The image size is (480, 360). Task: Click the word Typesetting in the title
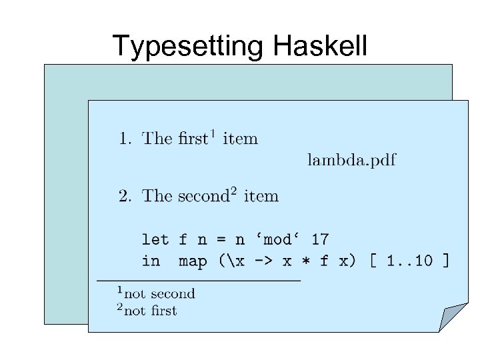(x=188, y=46)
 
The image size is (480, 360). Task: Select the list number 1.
(x=123, y=139)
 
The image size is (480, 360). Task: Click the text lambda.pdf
(x=351, y=159)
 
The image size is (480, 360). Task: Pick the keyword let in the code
(x=155, y=239)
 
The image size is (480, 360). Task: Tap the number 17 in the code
(x=320, y=239)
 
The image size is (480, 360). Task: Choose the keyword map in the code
(x=193, y=260)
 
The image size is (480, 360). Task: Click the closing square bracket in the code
(x=445, y=260)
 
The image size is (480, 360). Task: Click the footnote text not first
(x=151, y=310)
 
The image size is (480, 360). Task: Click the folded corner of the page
(x=453, y=316)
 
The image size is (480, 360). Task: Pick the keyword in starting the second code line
(x=151, y=260)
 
